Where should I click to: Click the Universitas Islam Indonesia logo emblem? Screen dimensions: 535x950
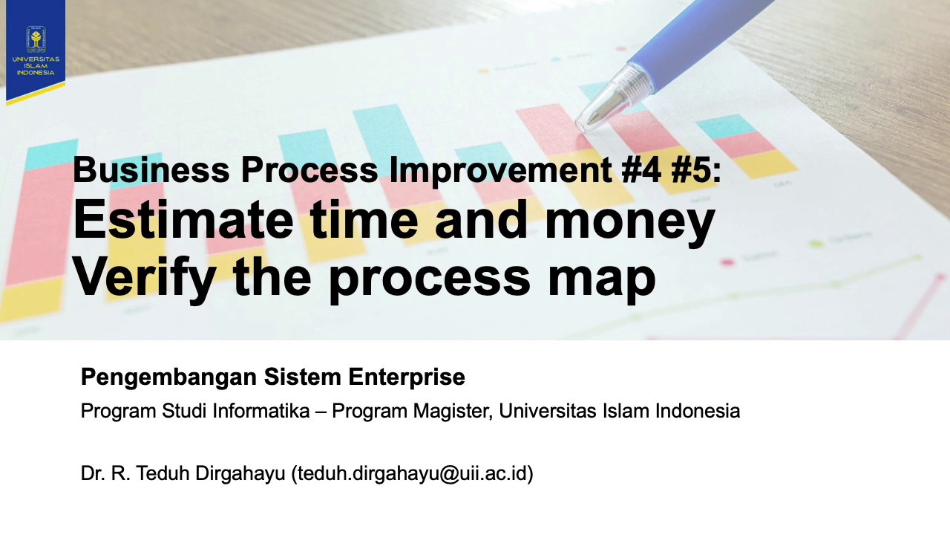35,38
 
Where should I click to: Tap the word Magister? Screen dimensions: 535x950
453,411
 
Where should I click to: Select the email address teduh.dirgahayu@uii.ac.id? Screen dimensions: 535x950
412,473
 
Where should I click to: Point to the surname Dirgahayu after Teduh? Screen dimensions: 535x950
240,473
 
